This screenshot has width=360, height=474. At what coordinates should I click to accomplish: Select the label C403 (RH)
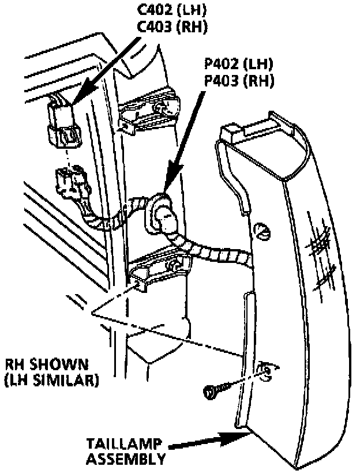click(x=172, y=27)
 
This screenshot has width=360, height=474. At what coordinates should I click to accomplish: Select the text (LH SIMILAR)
click(x=51, y=381)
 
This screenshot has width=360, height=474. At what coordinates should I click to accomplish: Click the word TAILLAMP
click(x=123, y=444)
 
